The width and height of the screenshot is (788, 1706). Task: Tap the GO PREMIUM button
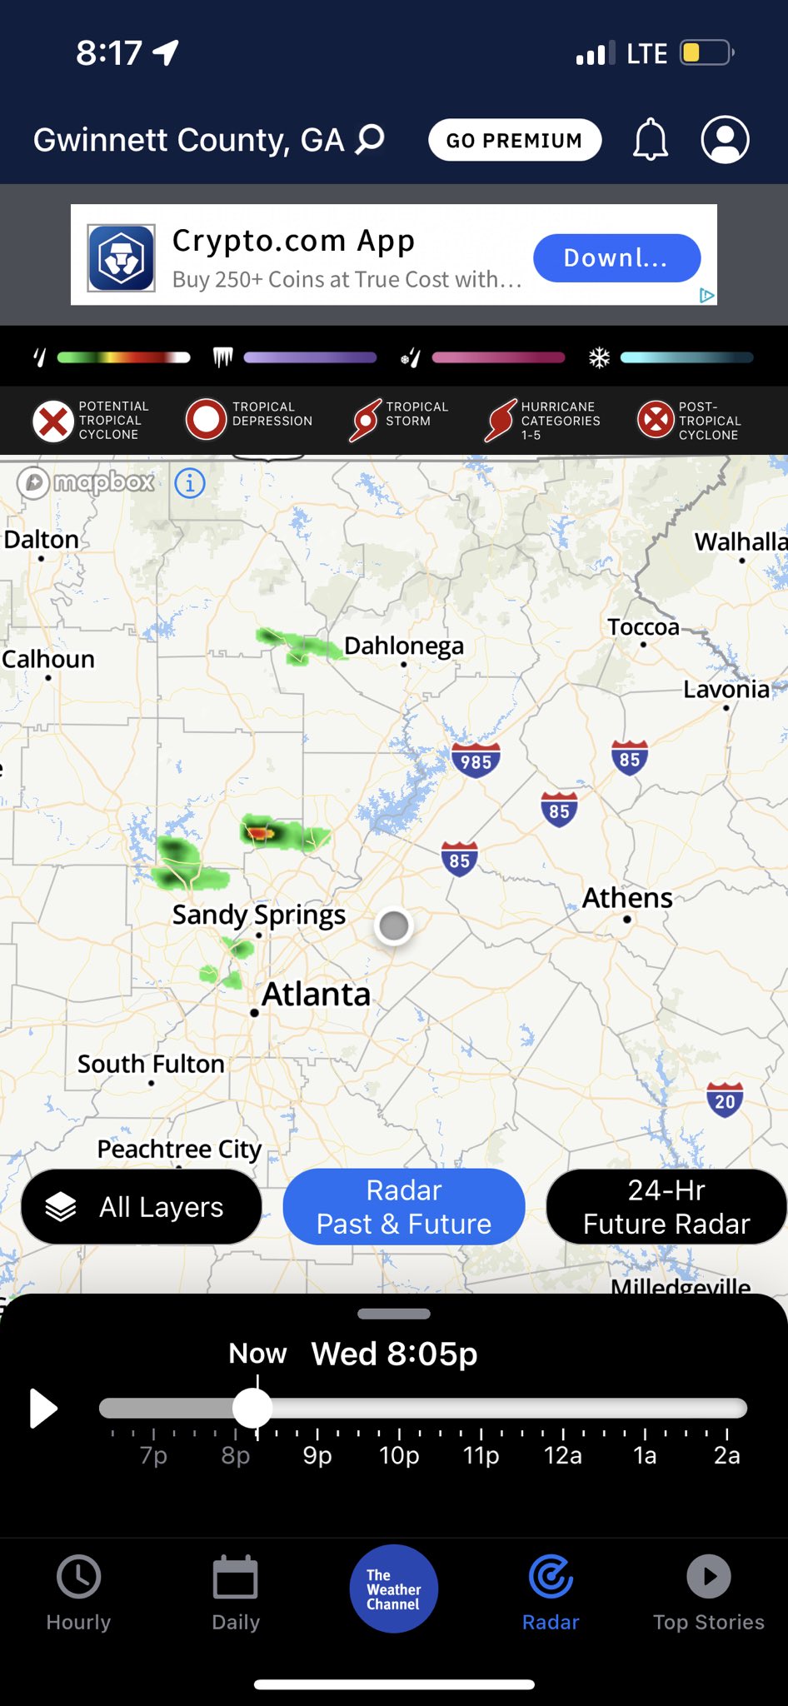[514, 140]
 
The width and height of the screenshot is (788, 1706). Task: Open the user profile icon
[725, 139]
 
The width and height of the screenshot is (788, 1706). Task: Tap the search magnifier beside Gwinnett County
[371, 138]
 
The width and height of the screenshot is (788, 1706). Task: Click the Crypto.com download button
[616, 257]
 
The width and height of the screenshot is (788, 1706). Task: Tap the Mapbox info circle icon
[190, 482]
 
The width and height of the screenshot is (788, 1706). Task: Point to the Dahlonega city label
[404, 646]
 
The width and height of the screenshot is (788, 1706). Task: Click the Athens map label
[627, 898]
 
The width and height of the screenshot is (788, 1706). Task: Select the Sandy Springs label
[258, 915]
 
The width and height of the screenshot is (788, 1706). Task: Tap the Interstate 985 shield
[476, 761]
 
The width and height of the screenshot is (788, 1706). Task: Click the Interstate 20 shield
[725, 1100]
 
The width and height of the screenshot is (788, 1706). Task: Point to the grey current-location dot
[394, 925]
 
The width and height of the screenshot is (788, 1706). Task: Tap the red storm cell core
[260, 832]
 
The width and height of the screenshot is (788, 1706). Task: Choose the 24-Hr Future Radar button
[666, 1206]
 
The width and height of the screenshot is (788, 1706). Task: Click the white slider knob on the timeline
[252, 1409]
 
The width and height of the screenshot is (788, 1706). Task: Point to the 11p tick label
[481, 1455]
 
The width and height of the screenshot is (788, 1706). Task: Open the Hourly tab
[78, 1592]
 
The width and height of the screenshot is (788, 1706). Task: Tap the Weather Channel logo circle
[394, 1589]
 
